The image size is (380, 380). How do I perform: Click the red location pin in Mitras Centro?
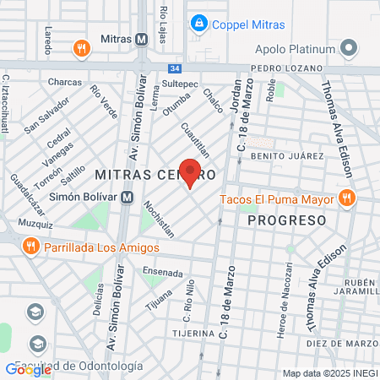click(x=190, y=172)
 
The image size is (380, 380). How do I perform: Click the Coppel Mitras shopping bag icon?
click(x=199, y=24)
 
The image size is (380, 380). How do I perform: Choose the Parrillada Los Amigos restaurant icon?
click(x=30, y=247)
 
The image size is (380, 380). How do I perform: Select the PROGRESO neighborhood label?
click(x=286, y=220)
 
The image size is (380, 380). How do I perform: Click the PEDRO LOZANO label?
click(x=287, y=68)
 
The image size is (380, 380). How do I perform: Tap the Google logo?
click(x=28, y=369)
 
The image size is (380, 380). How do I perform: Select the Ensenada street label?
click(x=162, y=273)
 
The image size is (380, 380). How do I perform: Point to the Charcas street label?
click(x=65, y=82)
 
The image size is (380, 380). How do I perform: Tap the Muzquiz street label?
click(x=35, y=225)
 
